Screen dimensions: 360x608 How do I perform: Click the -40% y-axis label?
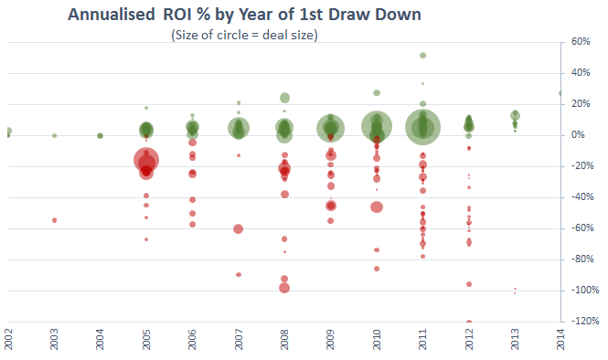(580, 197)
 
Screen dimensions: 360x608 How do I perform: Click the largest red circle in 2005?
(146, 161)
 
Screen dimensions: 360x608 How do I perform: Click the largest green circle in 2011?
(422, 127)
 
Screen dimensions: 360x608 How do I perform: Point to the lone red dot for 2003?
(55, 220)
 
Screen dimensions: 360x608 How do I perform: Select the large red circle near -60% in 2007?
(239, 228)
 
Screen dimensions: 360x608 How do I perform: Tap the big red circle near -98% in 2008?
(284, 288)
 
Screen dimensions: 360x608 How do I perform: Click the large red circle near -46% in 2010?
(377, 207)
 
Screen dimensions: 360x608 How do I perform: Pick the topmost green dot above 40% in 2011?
(422, 55)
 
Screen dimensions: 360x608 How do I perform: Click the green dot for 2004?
(100, 135)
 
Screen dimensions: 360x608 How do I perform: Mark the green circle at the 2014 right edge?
(560, 93)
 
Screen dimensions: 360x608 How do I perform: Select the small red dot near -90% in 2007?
(239, 274)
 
